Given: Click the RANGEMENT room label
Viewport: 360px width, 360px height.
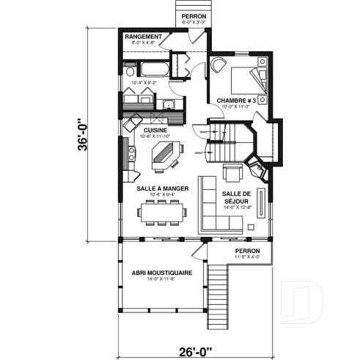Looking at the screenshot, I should pyautogui.click(x=143, y=36).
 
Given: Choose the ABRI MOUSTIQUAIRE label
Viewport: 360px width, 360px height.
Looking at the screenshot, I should pyautogui.click(x=162, y=272).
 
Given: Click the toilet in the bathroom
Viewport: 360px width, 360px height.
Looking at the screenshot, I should pyautogui.click(x=129, y=72).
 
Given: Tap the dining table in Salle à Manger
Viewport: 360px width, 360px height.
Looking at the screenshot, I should pyautogui.click(x=162, y=213).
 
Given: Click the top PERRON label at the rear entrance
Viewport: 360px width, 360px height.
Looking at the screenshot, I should pyautogui.click(x=194, y=15).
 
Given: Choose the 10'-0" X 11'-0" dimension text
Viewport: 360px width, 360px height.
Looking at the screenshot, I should pyautogui.click(x=234, y=106).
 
